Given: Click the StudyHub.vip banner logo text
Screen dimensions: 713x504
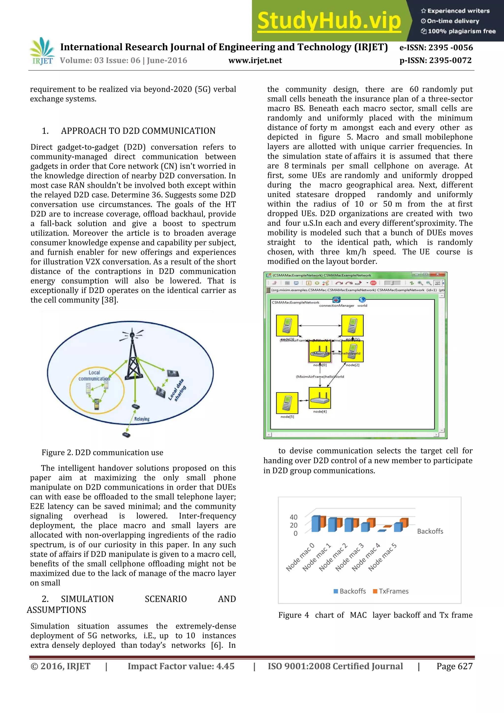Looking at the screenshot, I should pos(329,21).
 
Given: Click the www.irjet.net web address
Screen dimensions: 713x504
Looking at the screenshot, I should pos(255,60).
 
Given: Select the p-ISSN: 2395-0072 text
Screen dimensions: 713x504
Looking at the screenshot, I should pos(435,60).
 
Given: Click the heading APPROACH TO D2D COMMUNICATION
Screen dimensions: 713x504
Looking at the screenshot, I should pos(138,131).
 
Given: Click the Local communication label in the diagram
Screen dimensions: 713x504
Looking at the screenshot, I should pos(94,375).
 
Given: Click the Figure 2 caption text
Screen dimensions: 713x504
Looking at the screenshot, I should pos(102,453).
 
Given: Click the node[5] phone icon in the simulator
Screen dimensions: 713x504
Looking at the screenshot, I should pos(287,403).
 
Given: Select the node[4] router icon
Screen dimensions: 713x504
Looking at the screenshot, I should pos(320,398).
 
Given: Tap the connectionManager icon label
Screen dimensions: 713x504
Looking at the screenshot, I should pos(337,306).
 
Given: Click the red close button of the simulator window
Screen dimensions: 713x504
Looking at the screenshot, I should pos(438,275).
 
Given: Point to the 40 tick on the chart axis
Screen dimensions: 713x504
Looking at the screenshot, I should pos(294,517).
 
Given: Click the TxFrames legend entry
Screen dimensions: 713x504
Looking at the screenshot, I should pos(391,591).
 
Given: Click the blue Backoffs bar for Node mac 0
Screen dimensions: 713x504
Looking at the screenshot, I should pos(316,524).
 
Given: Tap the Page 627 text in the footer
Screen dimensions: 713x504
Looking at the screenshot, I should pos(454,666).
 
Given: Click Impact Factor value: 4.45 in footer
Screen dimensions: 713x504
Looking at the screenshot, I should pos(181,666).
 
